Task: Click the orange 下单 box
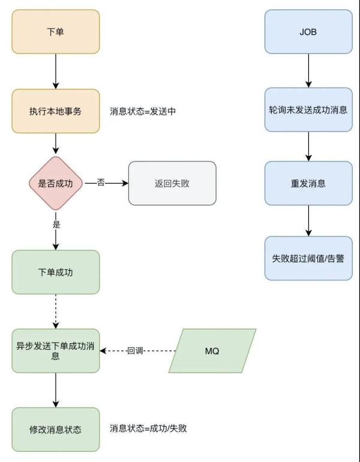[55, 31]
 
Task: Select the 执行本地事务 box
[55, 111]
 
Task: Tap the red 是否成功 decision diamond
[55, 184]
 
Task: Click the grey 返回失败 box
[172, 184]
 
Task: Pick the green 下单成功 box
[55, 272]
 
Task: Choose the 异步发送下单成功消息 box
[55, 350]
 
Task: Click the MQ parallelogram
[212, 350]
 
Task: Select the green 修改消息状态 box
[55, 430]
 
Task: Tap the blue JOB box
[308, 31]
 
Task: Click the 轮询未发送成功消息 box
[308, 110]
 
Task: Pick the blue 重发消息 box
[308, 184]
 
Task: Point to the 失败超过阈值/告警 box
[308, 258]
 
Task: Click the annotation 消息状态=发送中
[143, 112]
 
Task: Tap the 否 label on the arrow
[101, 182]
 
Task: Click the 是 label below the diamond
[56, 225]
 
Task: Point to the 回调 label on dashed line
[135, 351]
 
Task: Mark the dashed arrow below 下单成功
[55, 311]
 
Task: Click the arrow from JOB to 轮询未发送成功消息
[308, 71]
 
